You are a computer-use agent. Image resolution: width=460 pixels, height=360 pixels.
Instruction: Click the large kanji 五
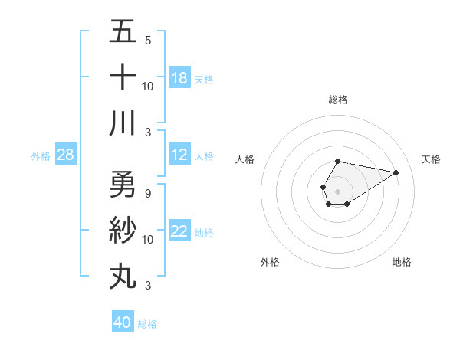tap(123, 32)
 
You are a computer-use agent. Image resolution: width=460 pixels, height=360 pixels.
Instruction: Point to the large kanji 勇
tap(123, 185)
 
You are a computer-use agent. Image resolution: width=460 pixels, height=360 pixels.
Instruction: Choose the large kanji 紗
tap(123, 231)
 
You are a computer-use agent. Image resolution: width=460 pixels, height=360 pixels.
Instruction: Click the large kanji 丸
tap(123, 276)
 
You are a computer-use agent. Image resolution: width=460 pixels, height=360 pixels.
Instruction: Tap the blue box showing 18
tap(179, 77)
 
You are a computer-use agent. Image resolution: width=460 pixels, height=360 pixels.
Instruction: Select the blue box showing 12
tap(179, 155)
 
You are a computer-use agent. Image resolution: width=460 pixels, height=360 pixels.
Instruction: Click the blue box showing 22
tap(179, 231)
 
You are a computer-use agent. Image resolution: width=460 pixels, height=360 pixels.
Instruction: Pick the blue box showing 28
tap(66, 155)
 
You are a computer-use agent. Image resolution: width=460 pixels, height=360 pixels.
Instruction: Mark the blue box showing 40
tap(123, 322)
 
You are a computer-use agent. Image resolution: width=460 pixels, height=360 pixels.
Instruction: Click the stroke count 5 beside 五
tap(147, 40)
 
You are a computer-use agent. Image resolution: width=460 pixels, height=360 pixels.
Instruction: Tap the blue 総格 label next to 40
tap(147, 324)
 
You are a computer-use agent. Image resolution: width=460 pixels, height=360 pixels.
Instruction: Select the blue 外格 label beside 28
tap(41, 156)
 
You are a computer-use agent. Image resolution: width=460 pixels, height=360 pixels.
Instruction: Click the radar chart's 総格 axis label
tap(337, 100)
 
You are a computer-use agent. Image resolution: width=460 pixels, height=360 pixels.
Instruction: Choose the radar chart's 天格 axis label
tap(432, 159)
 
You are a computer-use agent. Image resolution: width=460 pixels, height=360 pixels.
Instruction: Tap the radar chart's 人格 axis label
tap(245, 159)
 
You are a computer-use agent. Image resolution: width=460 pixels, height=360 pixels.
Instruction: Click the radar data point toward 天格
tap(396, 172)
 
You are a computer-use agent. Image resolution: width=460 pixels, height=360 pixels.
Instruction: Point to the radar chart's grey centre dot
tap(337, 190)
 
